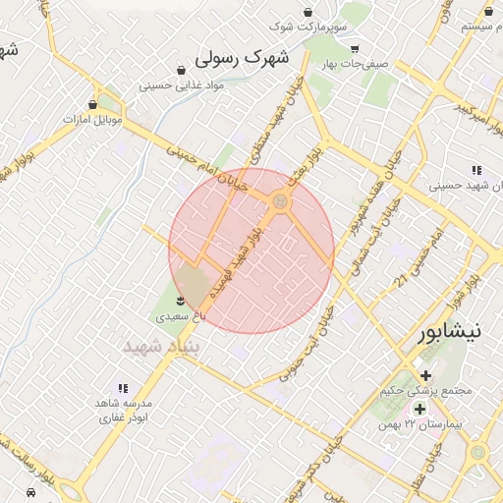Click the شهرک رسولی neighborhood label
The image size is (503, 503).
(244, 58)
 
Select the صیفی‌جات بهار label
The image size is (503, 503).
(361, 63)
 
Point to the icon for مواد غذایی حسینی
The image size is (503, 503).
(182, 70)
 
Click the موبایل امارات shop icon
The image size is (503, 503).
(93, 104)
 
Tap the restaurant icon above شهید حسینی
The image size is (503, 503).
(476, 169)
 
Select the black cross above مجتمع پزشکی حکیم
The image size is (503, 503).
(425, 375)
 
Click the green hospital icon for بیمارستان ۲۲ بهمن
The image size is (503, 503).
(419, 408)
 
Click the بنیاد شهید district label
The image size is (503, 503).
(160, 347)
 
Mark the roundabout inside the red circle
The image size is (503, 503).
(281, 201)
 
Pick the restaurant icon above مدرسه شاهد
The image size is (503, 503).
(123, 389)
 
